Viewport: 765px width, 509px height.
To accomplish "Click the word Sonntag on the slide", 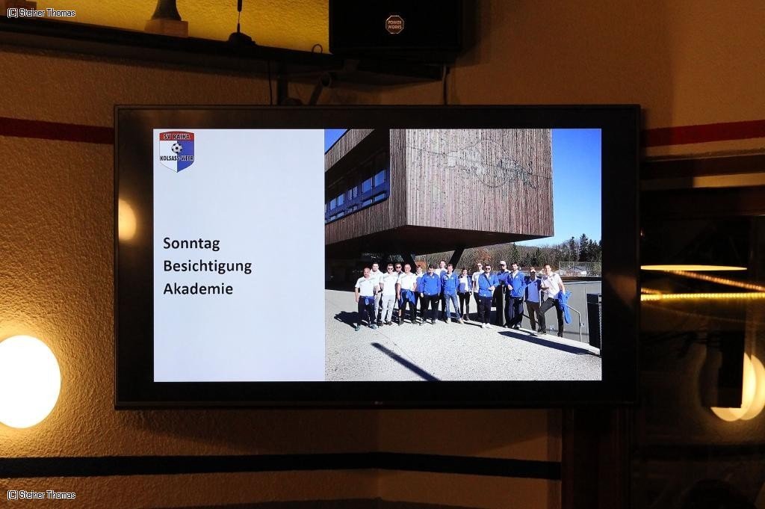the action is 191,244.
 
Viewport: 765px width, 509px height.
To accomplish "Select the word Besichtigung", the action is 208,266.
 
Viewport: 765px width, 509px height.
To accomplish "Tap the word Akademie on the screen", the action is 198,289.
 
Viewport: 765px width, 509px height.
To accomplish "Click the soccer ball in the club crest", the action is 176,147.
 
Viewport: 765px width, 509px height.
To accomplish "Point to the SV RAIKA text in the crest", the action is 176,137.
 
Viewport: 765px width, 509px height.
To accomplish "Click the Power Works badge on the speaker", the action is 394,25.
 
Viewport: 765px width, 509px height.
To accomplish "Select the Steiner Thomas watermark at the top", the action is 42,13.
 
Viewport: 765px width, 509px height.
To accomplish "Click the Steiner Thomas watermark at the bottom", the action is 42,495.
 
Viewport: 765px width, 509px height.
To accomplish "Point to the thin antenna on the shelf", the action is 239,22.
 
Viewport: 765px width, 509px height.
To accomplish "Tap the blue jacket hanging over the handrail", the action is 565,306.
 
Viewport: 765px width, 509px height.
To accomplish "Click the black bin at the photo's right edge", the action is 594,320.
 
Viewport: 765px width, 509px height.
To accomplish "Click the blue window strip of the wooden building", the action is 358,194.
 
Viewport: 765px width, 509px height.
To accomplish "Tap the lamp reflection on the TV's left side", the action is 127,220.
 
